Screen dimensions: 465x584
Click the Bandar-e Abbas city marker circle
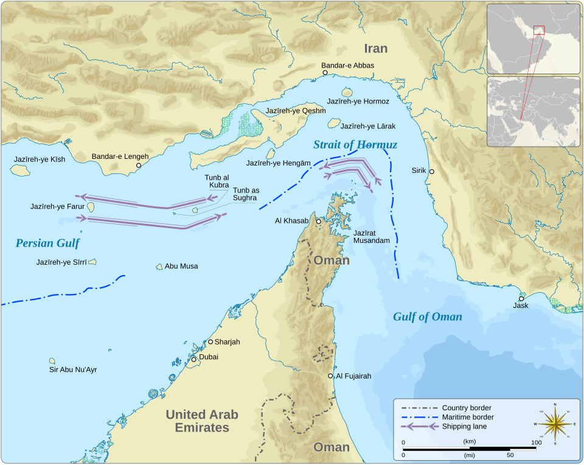325,72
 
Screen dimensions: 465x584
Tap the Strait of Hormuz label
355,145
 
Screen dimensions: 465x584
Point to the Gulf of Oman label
427,316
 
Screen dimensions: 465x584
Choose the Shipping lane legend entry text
464,427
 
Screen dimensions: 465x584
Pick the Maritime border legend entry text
468,417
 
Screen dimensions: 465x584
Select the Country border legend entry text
467,408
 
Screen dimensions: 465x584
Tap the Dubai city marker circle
194,360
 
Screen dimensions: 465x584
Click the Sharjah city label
227,342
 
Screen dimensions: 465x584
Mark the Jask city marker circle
521,298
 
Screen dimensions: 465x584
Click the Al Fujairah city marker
331,376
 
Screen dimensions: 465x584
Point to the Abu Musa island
159,267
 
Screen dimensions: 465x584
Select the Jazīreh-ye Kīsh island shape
20,170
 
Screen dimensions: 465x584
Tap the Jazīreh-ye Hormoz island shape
349,93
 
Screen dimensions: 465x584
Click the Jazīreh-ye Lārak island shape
333,123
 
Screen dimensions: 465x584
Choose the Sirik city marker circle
432,172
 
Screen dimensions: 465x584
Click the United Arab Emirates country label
202,421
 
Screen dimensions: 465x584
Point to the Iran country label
375,49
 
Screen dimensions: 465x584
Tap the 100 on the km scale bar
535,442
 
